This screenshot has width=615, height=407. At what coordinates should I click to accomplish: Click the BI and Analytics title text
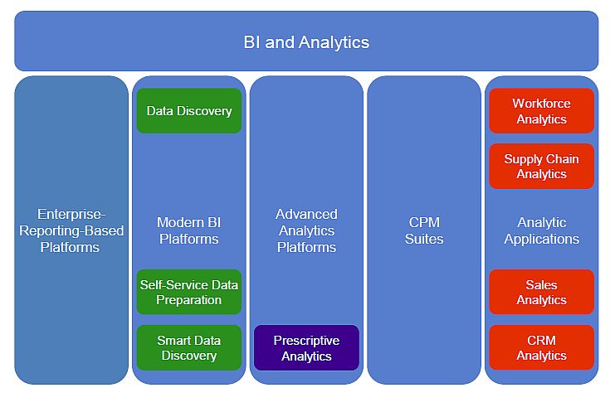point(306,42)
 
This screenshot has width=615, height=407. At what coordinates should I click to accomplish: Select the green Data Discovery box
point(189,111)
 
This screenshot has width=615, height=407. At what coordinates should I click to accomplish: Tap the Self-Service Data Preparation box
point(189,292)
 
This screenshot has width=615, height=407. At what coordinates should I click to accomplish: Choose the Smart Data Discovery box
point(189,347)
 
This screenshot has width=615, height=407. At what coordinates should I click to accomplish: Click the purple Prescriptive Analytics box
point(307,347)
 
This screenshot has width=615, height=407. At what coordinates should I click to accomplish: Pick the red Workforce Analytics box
point(542,111)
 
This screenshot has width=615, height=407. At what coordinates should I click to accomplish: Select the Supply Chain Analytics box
point(542,166)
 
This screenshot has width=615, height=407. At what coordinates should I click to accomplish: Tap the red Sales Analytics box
point(542,292)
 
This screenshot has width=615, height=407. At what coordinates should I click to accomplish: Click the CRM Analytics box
point(542,347)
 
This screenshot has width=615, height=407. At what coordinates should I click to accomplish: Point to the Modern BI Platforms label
point(189,230)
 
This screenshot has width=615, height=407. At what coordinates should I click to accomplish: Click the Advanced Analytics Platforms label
point(307,230)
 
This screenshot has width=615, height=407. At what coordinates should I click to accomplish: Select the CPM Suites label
point(424,230)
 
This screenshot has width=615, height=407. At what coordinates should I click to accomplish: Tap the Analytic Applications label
point(542,230)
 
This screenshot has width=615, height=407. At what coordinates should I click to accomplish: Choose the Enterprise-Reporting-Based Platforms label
point(71,230)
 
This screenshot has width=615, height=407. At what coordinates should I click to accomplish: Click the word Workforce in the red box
point(541,104)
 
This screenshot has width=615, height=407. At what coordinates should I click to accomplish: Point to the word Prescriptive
point(306,341)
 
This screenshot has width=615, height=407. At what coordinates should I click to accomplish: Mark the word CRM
point(541,340)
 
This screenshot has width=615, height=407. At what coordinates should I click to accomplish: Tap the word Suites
point(424,239)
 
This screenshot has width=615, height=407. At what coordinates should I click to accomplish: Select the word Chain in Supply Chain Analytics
point(563,159)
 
